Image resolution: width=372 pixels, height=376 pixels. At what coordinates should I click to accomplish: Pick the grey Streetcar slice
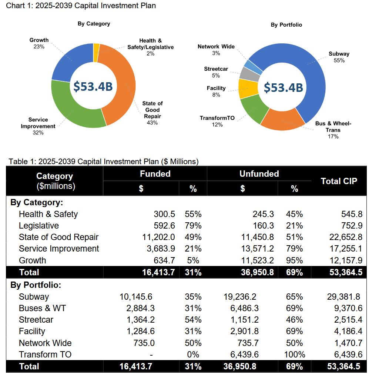pos(245,74)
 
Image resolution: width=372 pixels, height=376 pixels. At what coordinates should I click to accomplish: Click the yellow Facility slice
pos(245,89)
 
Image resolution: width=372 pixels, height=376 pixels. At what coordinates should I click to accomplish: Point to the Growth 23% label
pos(38,43)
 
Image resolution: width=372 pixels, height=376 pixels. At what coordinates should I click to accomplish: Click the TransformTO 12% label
pos(217,121)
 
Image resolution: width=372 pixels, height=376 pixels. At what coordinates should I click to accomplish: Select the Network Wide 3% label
pos(216,50)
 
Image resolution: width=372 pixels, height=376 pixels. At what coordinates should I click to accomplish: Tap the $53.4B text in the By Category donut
pos(93,86)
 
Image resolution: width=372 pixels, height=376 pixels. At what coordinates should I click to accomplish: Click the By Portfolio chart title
pos(286,25)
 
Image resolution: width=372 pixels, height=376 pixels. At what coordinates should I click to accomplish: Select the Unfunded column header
pos(259,174)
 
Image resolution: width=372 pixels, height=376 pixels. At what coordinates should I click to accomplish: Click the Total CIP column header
pos(339,181)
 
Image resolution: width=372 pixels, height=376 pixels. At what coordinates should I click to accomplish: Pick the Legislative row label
pos(38,226)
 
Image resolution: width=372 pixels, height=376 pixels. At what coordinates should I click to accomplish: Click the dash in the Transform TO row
pos(151,355)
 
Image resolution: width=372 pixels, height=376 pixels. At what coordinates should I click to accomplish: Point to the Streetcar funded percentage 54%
pos(193,320)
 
